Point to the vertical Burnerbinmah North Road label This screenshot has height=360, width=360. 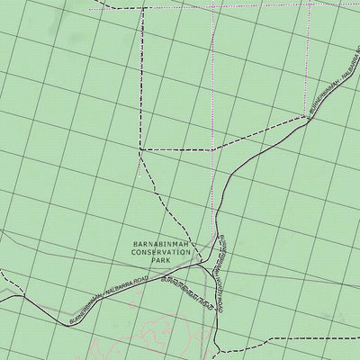tap(225, 261)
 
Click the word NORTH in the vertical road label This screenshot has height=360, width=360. tap(226, 266)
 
